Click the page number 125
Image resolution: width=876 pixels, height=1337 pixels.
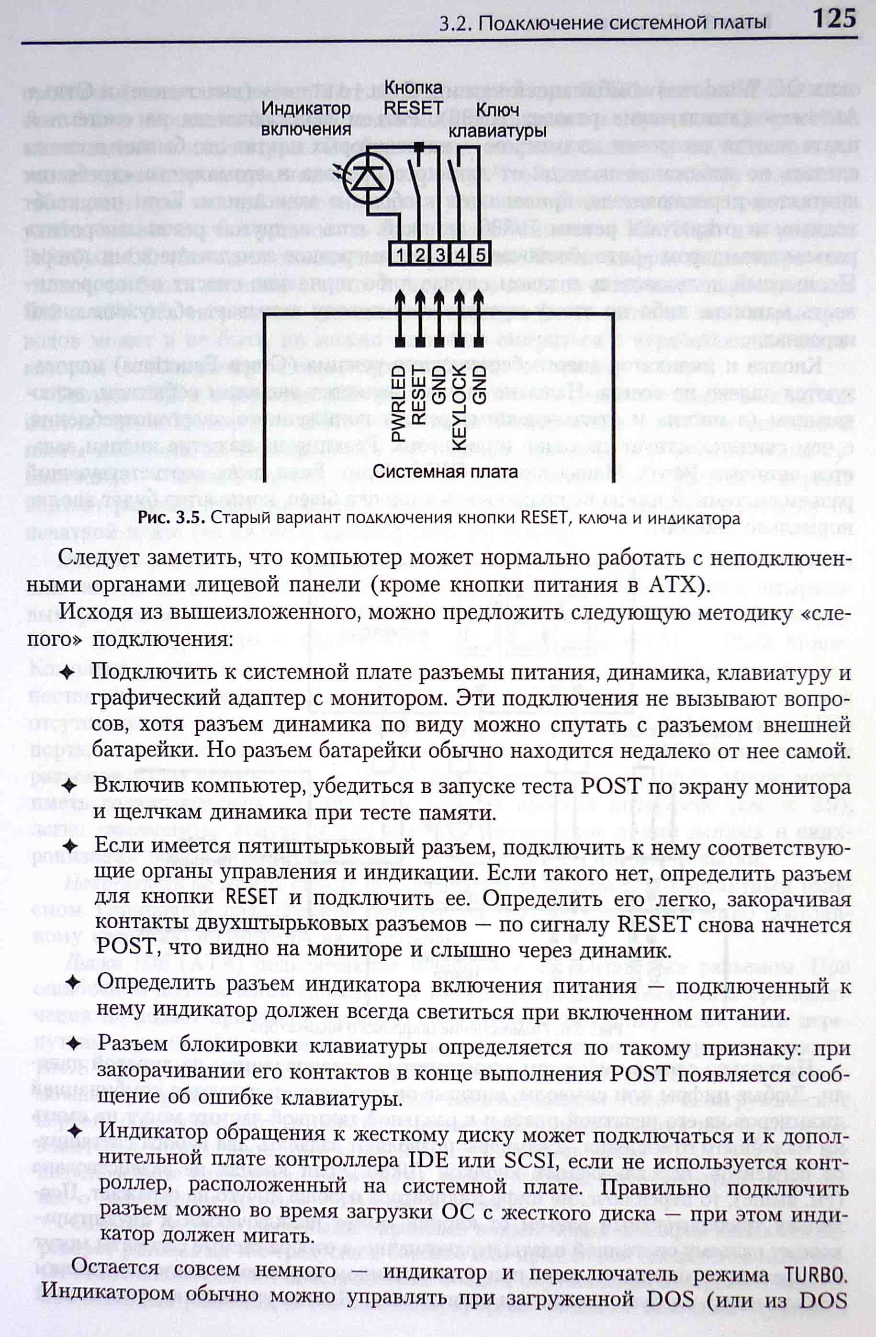(x=834, y=20)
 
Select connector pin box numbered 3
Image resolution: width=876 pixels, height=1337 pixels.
(x=440, y=255)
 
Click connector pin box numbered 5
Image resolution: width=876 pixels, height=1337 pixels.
(x=481, y=255)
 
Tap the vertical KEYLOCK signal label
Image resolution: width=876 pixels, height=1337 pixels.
(x=459, y=406)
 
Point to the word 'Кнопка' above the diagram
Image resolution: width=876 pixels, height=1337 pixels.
(x=413, y=88)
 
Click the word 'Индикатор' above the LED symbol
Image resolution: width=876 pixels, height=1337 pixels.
(x=307, y=108)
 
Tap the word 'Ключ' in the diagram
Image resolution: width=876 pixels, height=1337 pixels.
(x=497, y=111)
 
